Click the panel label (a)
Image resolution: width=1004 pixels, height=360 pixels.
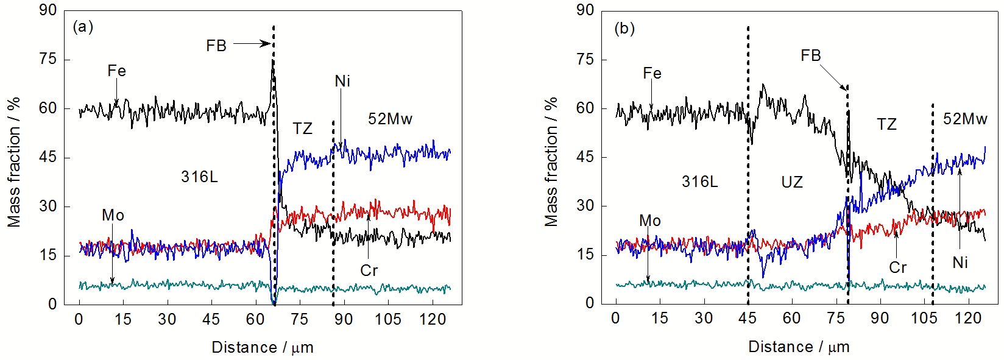click(83, 27)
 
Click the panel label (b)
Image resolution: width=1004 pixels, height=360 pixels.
click(624, 29)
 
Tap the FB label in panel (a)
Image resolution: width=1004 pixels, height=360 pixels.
click(216, 46)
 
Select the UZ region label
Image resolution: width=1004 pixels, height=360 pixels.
click(792, 182)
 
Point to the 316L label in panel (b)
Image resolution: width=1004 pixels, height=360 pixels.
click(699, 182)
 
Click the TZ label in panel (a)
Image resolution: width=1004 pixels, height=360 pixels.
click(302, 129)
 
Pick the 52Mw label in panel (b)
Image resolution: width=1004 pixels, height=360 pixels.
click(965, 119)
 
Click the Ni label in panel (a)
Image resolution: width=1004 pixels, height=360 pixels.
click(342, 81)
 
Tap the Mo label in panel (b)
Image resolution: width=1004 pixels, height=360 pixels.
click(650, 221)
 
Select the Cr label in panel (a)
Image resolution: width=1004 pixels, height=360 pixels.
click(369, 270)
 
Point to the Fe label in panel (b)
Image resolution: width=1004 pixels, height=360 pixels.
click(652, 73)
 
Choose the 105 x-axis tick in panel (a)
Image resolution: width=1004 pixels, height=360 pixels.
click(387, 319)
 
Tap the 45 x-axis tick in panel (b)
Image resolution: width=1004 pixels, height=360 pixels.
click(748, 318)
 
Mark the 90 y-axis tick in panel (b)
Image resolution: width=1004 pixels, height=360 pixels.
click(585, 10)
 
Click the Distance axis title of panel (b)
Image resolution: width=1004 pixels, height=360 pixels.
click(799, 347)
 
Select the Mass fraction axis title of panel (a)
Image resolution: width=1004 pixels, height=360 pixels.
click(14, 161)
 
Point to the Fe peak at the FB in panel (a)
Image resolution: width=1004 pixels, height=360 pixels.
click(272, 61)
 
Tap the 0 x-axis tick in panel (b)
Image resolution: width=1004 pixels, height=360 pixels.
click(616, 318)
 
